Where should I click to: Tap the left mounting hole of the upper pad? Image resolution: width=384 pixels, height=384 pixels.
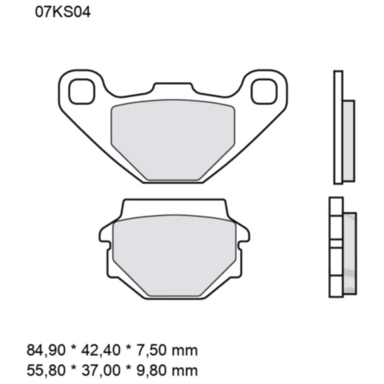pos(78,92)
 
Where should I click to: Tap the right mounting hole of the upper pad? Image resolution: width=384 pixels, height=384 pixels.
pos(262,92)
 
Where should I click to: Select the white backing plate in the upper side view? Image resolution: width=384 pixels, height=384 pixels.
pos(338,127)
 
